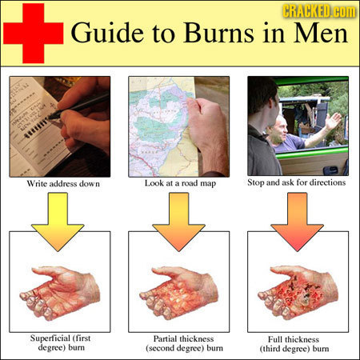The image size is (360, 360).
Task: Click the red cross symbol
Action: [x=34, y=34]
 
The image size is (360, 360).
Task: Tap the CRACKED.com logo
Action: [x=319, y=11]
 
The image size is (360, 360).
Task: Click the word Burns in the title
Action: [x=218, y=34]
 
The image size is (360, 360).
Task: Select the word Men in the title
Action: [x=321, y=34]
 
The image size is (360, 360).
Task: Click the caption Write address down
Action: [x=63, y=183]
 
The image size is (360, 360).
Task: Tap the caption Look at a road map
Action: [x=180, y=183]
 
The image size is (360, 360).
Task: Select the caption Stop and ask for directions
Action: [x=297, y=182]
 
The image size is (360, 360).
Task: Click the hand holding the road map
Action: [x=208, y=134]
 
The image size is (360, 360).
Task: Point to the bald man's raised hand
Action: [x=333, y=122]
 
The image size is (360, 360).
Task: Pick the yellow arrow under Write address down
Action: [x=58, y=222]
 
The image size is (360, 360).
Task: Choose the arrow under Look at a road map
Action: [x=178, y=222]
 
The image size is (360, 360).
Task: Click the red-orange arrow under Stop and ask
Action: [x=297, y=222]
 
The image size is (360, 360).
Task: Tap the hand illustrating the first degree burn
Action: [x=60, y=293]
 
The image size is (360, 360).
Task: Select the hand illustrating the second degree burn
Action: [x=179, y=293]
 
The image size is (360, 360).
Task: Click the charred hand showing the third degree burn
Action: [x=298, y=292]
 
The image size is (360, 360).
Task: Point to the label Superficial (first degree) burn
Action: [x=61, y=343]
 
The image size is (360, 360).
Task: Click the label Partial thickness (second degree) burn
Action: [x=184, y=343]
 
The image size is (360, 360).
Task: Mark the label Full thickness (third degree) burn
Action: [x=294, y=344]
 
